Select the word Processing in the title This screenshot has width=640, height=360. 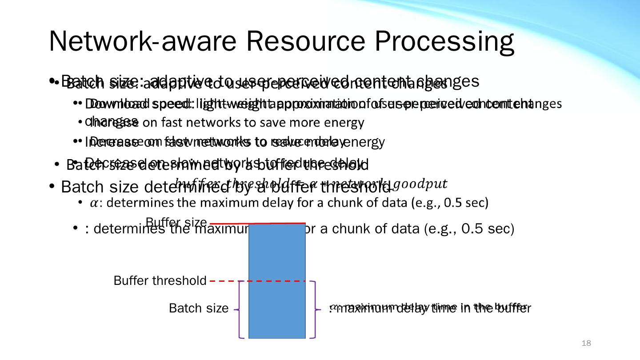tap(444, 42)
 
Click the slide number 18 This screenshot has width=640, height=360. tap(586, 343)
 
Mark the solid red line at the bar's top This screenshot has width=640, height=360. tap(258, 223)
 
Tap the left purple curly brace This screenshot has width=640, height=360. tap(239, 309)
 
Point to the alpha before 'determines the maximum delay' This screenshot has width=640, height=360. tap(94, 204)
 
